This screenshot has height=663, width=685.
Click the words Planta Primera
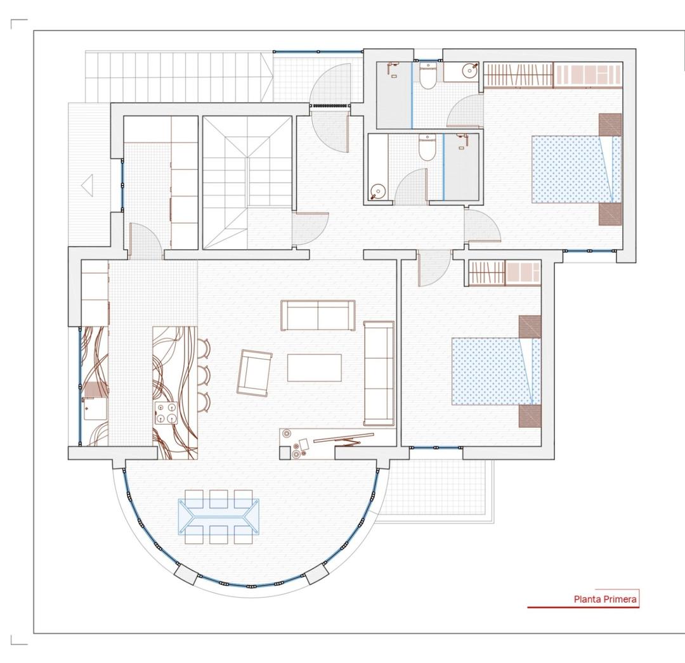[605, 599]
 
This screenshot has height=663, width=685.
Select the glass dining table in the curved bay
[219, 516]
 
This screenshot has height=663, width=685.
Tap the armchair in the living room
[254, 373]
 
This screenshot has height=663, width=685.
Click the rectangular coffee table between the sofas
[314, 368]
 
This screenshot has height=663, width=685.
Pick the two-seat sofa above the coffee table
[318, 315]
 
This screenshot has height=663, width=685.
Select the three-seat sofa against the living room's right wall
[379, 373]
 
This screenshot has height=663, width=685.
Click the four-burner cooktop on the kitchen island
[166, 412]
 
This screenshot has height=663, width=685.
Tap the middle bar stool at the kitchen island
[204, 375]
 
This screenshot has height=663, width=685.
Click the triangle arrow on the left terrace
[88, 185]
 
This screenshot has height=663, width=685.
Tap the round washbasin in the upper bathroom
[469, 71]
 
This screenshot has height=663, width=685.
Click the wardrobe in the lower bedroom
[504, 273]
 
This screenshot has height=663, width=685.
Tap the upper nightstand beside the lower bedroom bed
[530, 326]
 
